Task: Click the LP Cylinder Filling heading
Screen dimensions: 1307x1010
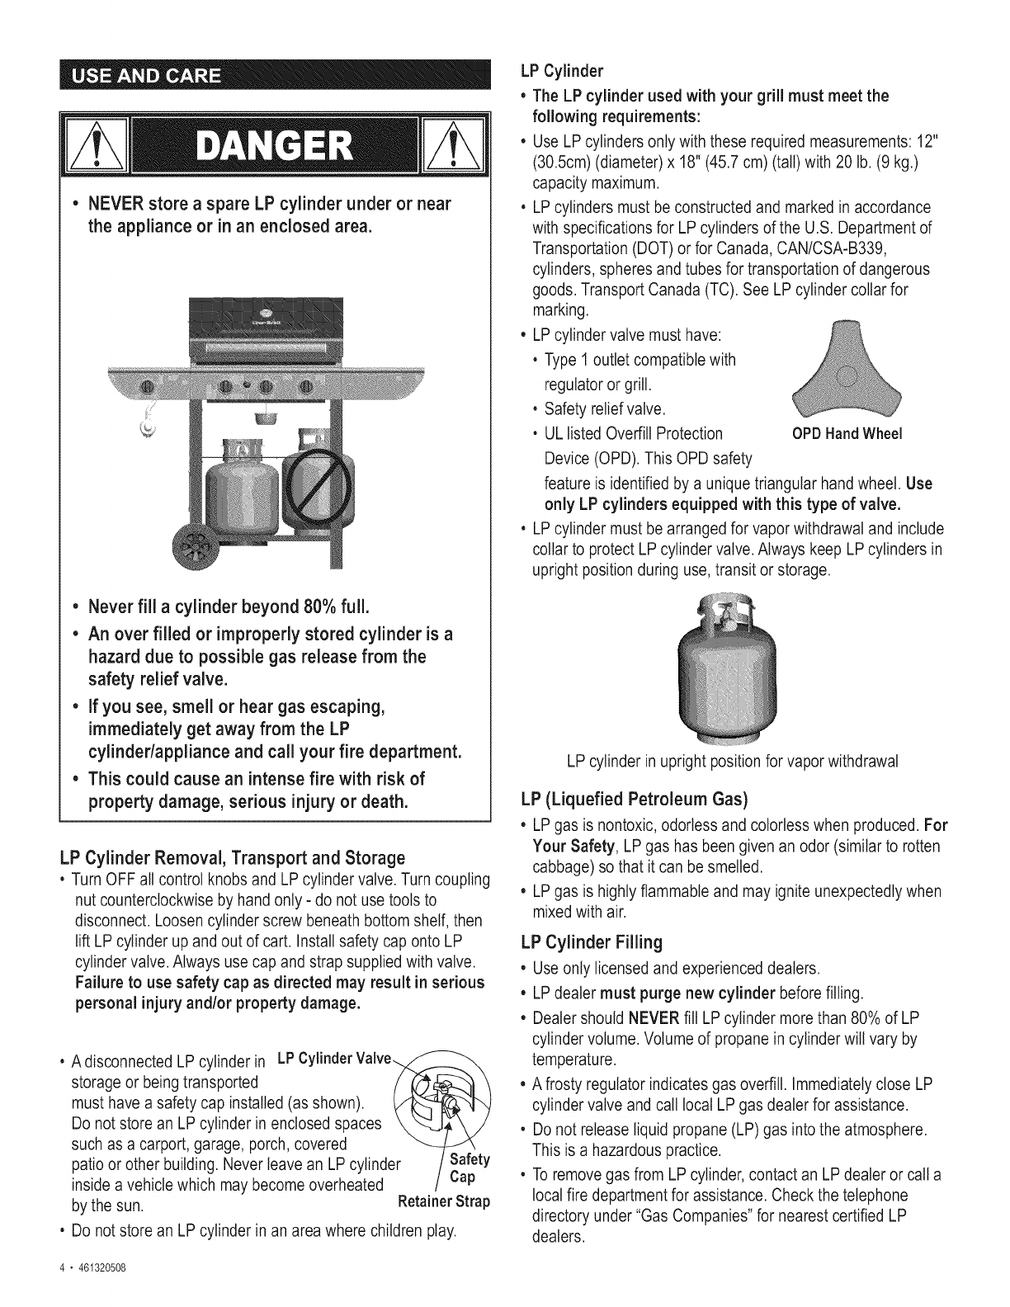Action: point(592,942)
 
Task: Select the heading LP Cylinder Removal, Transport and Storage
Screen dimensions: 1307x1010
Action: point(228,856)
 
